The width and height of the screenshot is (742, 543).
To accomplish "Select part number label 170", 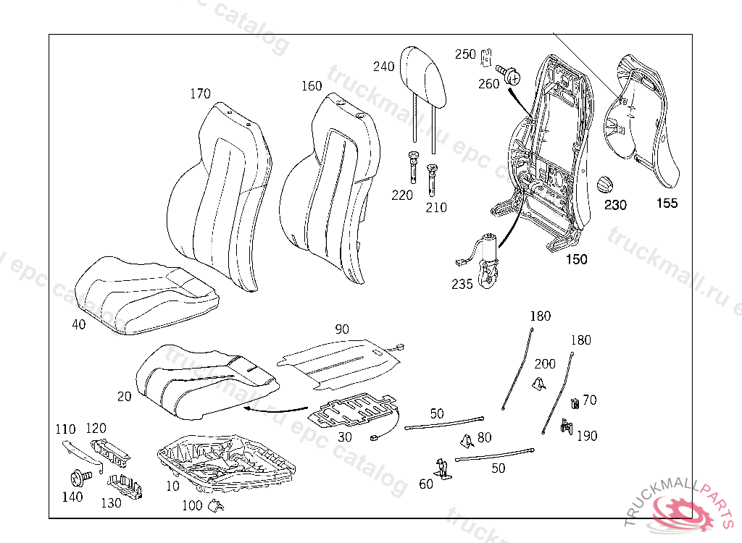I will pos(200,93).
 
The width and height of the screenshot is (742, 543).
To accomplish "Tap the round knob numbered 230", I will pos(604,183).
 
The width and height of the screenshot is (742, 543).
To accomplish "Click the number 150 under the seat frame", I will pos(577,259).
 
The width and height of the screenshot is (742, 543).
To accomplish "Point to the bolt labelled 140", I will pos(78,478).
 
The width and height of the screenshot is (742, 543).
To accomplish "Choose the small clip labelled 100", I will pos(214,505).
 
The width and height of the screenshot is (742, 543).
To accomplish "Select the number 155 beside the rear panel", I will pos(667,203).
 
